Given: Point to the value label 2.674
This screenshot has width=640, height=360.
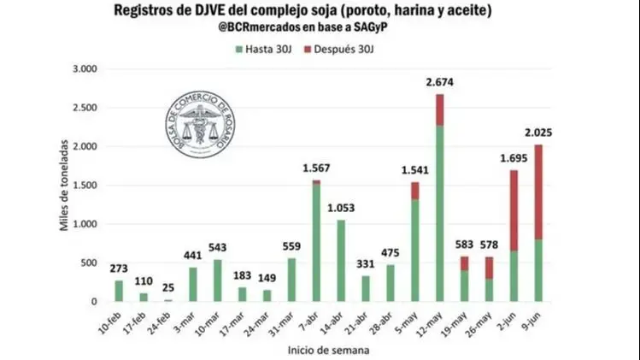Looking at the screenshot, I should pos(439,82).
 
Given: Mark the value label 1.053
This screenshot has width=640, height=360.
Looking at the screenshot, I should pos(341,208).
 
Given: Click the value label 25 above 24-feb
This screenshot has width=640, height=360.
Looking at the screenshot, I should pos(168,287).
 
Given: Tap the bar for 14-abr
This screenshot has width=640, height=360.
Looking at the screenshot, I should pos(341,261).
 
